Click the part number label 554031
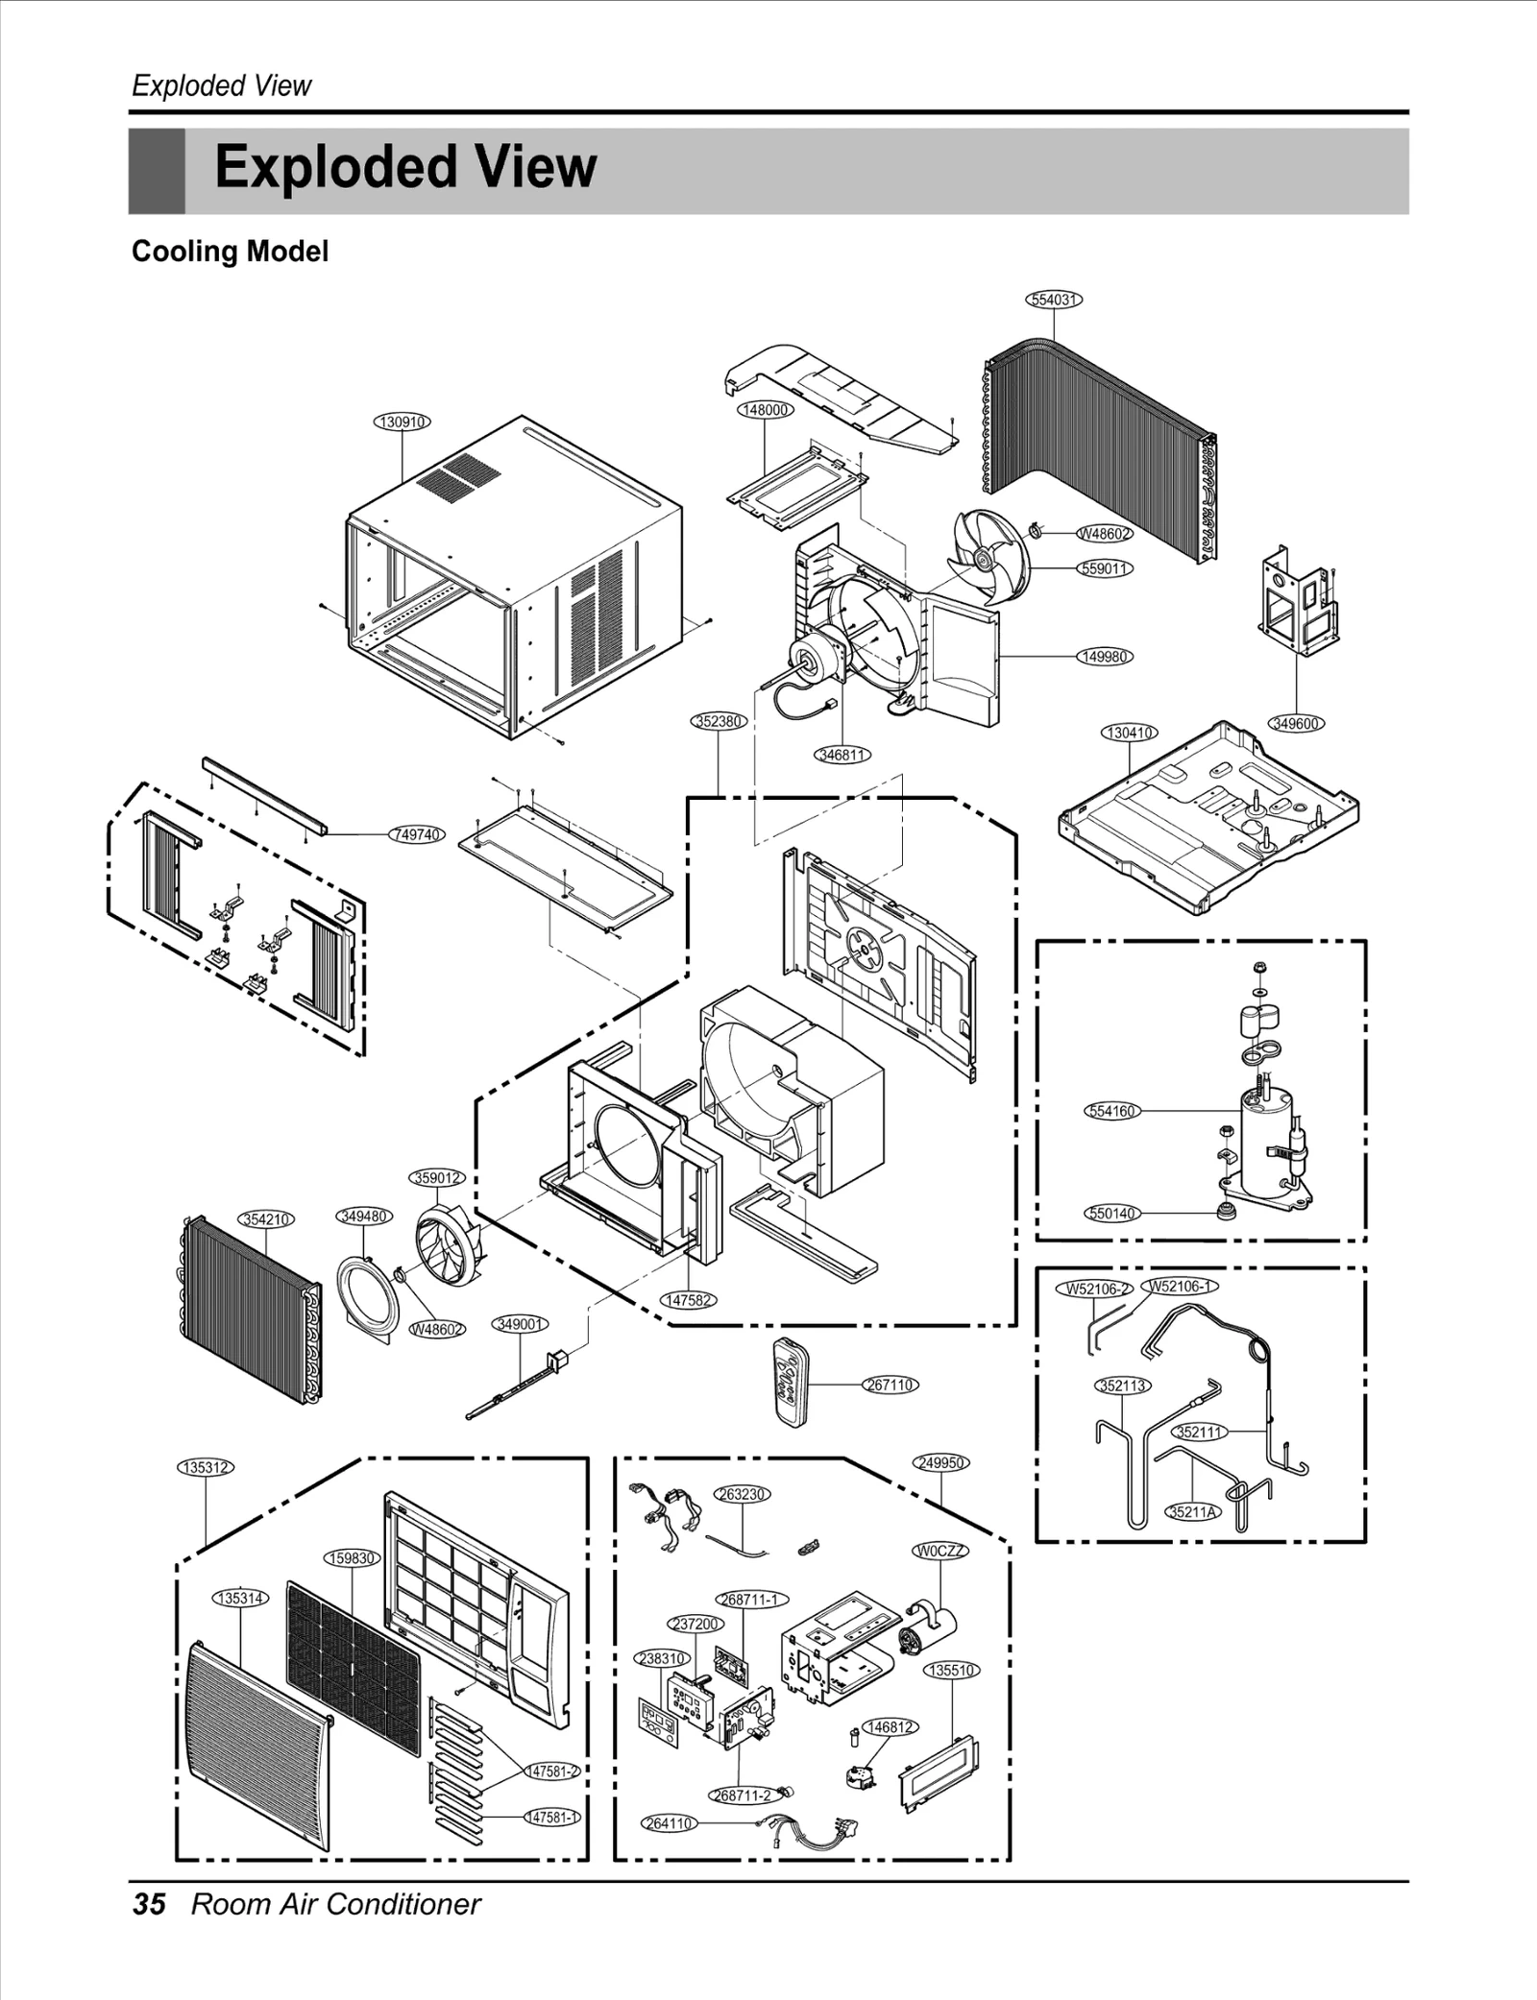pyautogui.click(x=1054, y=300)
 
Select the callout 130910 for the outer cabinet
pyautogui.click(x=402, y=422)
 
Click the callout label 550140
pyautogui.click(x=1111, y=1213)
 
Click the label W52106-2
pyautogui.click(x=1093, y=1289)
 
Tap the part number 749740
pyautogui.click(x=417, y=834)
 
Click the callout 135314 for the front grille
pyautogui.click(x=240, y=1598)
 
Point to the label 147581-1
pyautogui.click(x=551, y=1817)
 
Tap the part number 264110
pyautogui.click(x=669, y=1822)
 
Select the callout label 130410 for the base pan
pyautogui.click(x=1129, y=733)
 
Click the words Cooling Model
pyautogui.click(x=230, y=252)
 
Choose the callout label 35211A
pyautogui.click(x=1192, y=1511)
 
